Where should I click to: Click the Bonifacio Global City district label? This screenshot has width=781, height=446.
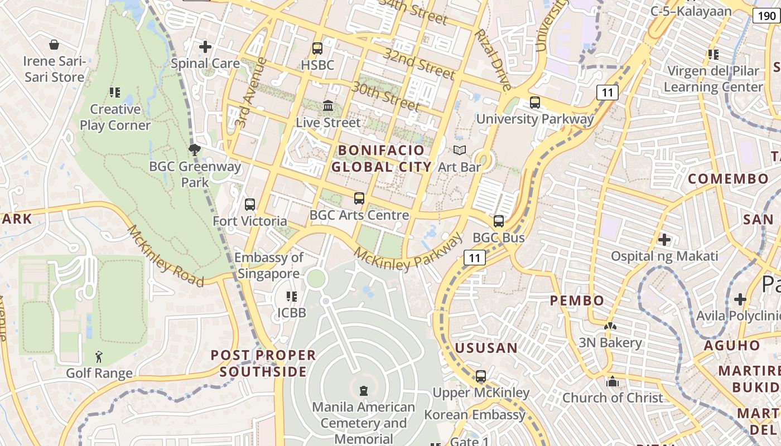click(382, 158)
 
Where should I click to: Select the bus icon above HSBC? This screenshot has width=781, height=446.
click(317, 49)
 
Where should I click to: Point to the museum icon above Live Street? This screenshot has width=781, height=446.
click(328, 105)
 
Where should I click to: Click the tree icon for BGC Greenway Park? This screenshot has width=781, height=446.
click(195, 149)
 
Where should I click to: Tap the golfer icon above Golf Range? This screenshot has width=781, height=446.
click(99, 357)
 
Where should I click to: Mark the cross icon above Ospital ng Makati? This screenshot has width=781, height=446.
click(664, 240)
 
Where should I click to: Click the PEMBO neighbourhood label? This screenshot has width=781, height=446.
click(577, 300)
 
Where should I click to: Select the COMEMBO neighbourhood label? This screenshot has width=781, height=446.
click(728, 179)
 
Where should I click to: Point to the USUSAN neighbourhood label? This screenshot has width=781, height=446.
click(486, 348)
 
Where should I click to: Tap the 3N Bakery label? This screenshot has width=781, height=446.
click(610, 342)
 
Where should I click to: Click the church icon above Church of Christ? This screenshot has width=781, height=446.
click(613, 382)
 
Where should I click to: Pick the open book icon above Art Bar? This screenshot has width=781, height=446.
click(460, 150)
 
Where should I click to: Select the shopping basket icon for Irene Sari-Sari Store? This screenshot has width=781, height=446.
click(54, 45)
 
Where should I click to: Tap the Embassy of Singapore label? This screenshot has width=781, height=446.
click(269, 265)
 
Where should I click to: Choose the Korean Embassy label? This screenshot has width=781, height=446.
click(475, 415)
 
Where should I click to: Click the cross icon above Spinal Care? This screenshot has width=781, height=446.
click(205, 47)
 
